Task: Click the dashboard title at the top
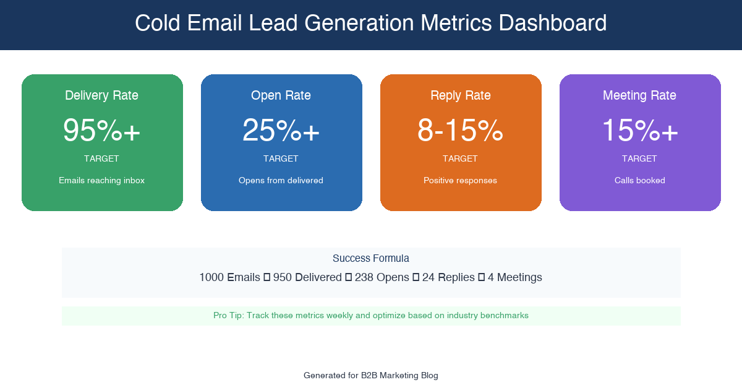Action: (371, 24)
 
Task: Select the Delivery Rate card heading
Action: (101, 95)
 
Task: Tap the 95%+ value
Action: (101, 131)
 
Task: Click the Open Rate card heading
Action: (281, 95)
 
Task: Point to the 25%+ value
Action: (281, 131)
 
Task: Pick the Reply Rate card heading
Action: (460, 95)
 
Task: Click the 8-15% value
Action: (460, 131)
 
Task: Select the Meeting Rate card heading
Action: (639, 95)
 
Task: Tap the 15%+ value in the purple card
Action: (639, 131)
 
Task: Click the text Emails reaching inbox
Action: (101, 181)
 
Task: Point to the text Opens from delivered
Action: (281, 181)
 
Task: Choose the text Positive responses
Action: (460, 181)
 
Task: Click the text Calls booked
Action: (639, 181)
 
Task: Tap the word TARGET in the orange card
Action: (460, 159)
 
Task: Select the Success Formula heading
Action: (371, 259)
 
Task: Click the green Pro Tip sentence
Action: (371, 316)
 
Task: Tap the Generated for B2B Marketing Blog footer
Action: (371, 376)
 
